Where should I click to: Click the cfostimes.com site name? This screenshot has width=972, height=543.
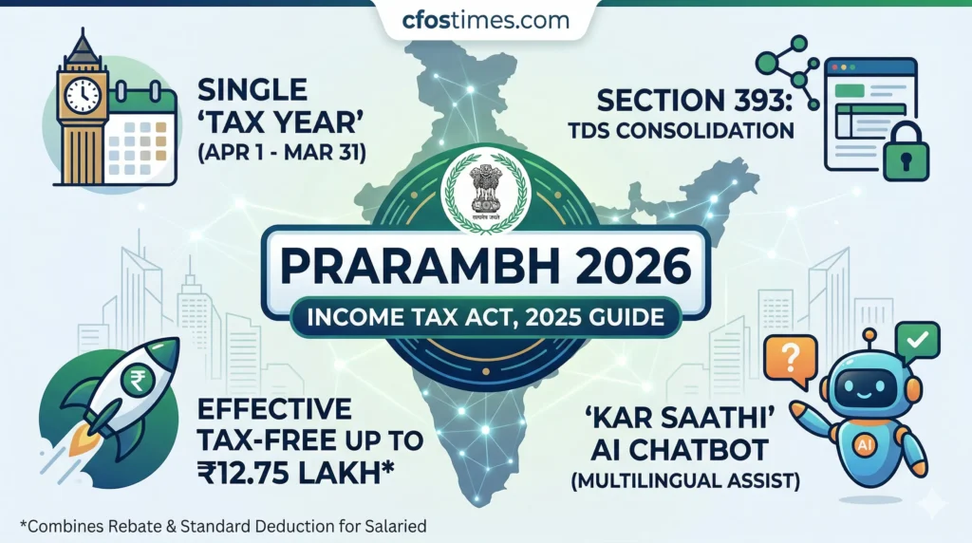(x=486, y=20)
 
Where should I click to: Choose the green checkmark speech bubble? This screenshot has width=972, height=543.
(x=916, y=338)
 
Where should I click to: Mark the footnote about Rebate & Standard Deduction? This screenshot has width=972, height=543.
(x=225, y=524)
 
